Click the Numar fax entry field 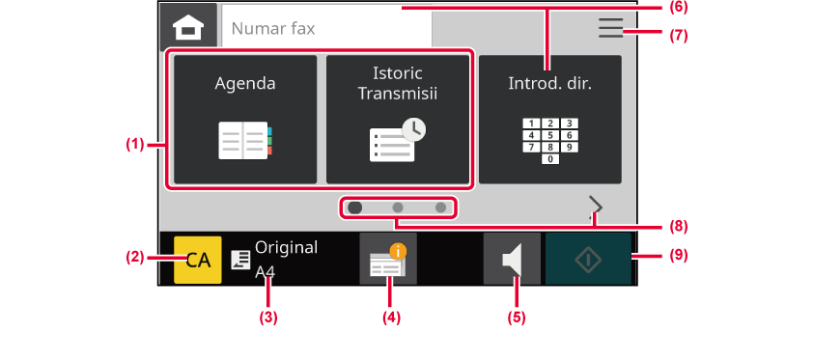click(326, 27)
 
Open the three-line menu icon click(610, 28)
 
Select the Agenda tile click(245, 119)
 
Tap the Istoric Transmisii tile click(398, 119)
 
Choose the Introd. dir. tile click(550, 119)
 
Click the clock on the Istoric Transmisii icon click(414, 130)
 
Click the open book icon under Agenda click(245, 140)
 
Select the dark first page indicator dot click(355, 208)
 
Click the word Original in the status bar click(286, 248)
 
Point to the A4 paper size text click(265, 272)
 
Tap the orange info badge click(398, 252)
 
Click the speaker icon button click(512, 259)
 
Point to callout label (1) click(134, 145)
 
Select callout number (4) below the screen click(391, 318)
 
